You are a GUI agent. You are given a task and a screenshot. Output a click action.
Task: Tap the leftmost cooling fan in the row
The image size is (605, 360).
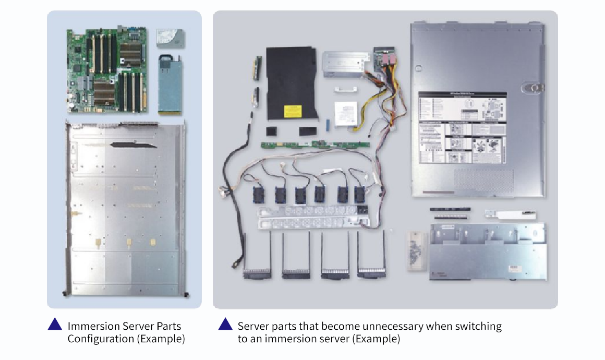tap(259, 194)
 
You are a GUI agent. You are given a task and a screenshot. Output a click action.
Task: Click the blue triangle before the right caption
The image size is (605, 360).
tap(225, 325)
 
